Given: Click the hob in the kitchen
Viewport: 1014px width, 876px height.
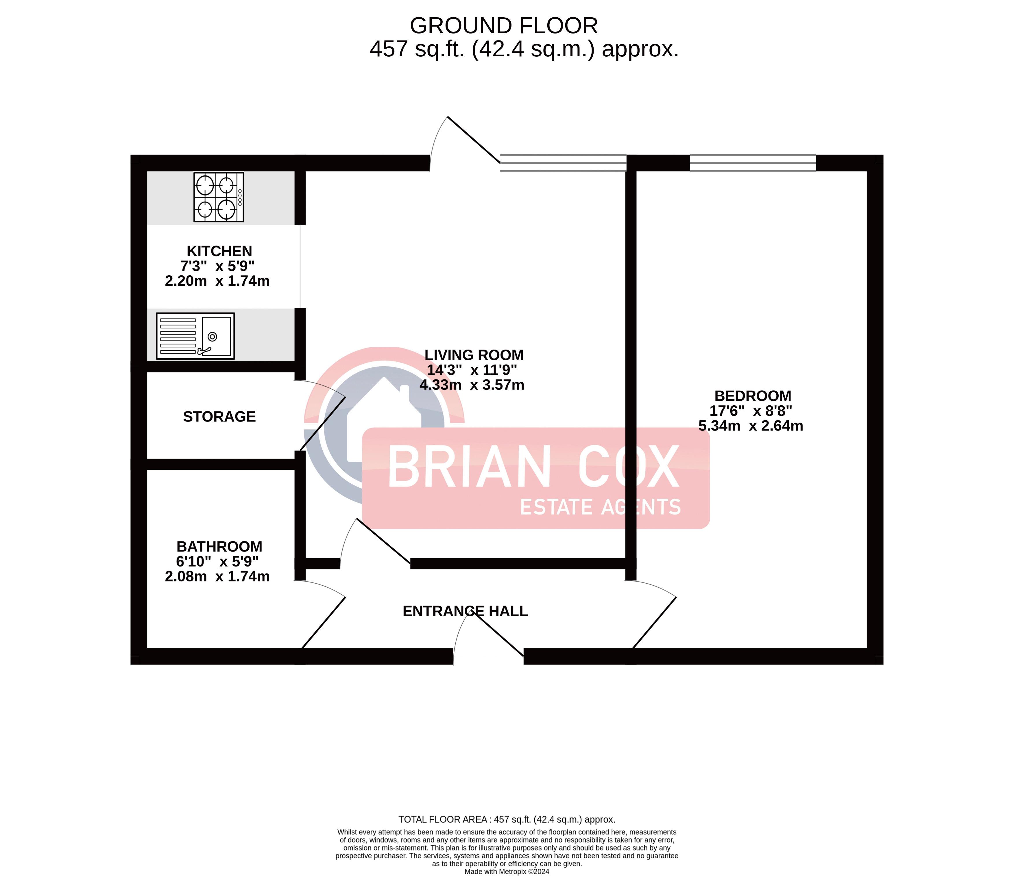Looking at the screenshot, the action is (219, 197).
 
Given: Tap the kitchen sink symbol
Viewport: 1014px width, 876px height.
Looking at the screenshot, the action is (195, 336).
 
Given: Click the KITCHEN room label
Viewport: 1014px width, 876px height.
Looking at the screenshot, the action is (219, 251).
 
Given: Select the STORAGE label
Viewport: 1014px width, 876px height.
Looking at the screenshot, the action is (219, 416).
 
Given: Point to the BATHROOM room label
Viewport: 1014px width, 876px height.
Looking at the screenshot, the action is (219, 546).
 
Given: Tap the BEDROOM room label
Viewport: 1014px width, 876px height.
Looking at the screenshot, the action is (753, 396).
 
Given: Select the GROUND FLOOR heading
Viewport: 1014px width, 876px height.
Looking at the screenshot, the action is (504, 25).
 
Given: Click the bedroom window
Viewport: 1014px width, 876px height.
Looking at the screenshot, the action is (753, 163).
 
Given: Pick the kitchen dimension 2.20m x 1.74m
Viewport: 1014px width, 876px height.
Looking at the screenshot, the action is (217, 281).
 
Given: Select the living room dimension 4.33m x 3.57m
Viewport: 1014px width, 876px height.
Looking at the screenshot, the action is (472, 385).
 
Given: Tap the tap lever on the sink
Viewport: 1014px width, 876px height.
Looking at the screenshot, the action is (204, 350).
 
